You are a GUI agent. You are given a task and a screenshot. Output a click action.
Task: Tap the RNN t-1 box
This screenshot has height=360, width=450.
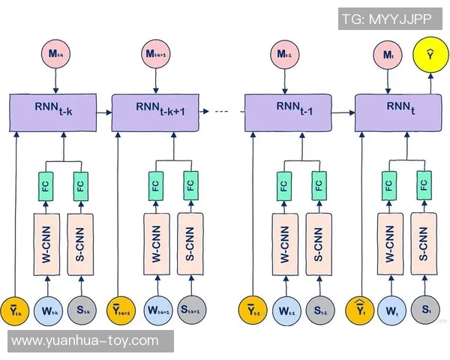click(x=289, y=113)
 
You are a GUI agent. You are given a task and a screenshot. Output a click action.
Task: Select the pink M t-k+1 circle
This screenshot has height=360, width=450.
click(x=157, y=54)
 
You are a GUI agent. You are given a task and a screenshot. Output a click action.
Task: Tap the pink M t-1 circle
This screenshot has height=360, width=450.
click(x=283, y=54)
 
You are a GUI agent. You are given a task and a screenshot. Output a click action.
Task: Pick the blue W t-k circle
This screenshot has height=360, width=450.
click(x=49, y=310)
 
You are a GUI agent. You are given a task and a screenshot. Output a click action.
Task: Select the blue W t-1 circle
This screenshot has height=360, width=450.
click(x=285, y=310)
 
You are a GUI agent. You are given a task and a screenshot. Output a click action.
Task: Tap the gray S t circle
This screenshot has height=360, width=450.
click(x=424, y=310)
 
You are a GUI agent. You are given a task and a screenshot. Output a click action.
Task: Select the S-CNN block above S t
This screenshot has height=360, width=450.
click(x=424, y=241)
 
